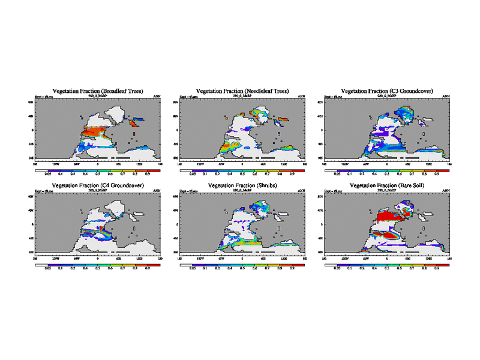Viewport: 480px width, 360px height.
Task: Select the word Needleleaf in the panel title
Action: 251,91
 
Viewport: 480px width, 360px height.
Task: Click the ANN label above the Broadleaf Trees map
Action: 157,96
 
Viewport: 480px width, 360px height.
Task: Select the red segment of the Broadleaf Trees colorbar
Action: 154,170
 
